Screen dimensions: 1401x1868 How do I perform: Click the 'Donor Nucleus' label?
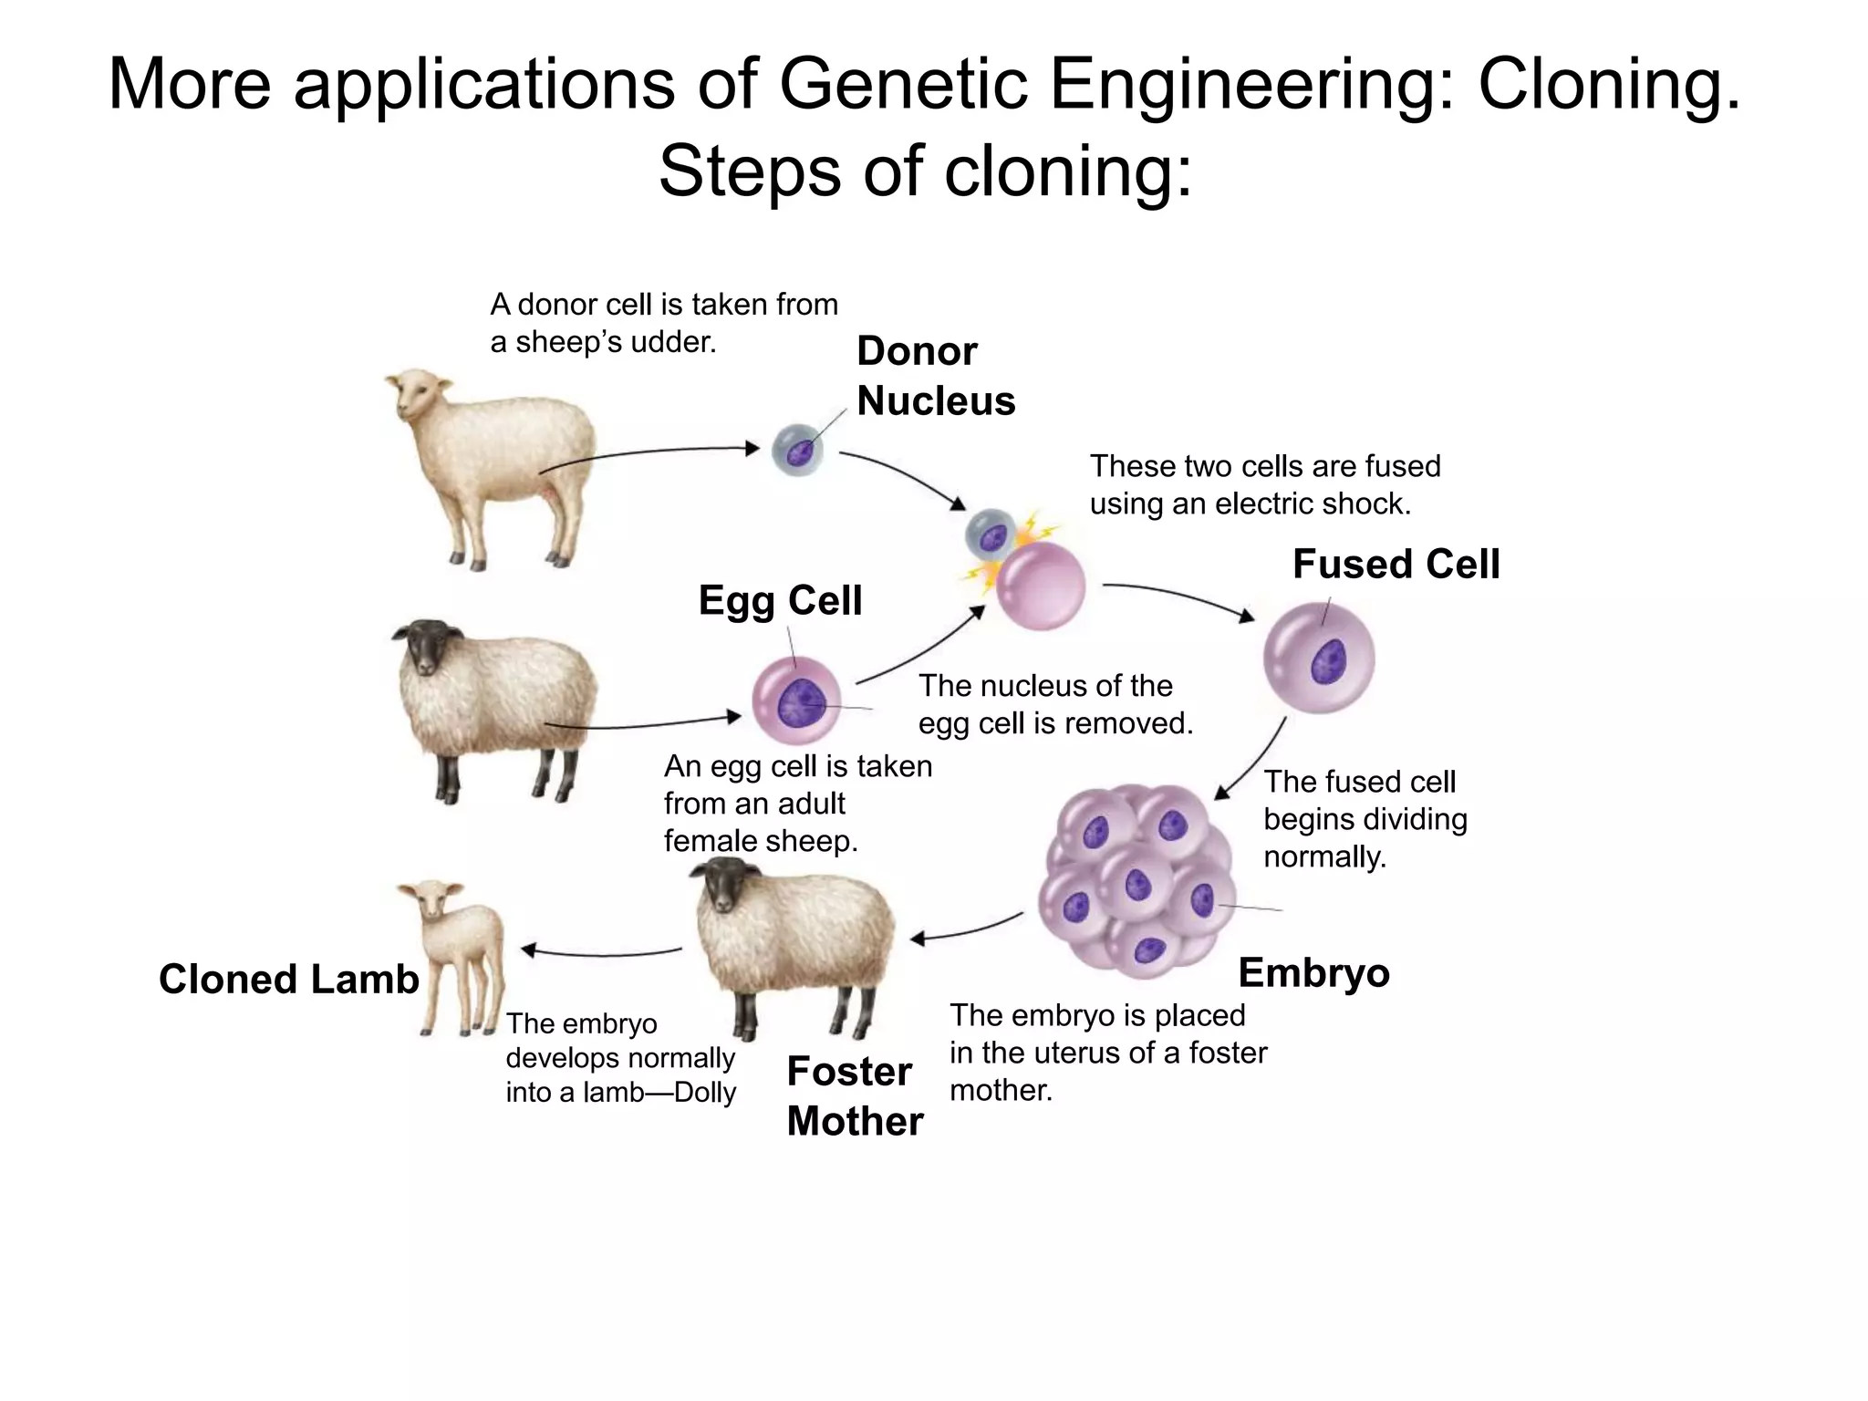click(x=935, y=376)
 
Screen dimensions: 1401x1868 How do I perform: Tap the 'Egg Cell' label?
click(x=780, y=600)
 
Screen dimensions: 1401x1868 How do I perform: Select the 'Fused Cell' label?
click(x=1396, y=564)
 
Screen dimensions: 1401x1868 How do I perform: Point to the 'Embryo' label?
click(x=1313, y=972)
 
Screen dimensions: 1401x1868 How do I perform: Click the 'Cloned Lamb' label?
click(x=288, y=979)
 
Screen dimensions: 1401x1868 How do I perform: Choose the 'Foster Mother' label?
click(x=854, y=1095)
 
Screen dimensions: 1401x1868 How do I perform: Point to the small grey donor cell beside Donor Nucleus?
click(x=797, y=450)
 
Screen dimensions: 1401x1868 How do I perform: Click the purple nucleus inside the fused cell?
click(x=1328, y=660)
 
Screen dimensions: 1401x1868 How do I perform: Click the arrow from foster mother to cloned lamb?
click(x=602, y=953)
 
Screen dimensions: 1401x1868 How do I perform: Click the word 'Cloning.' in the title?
click(x=1609, y=84)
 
